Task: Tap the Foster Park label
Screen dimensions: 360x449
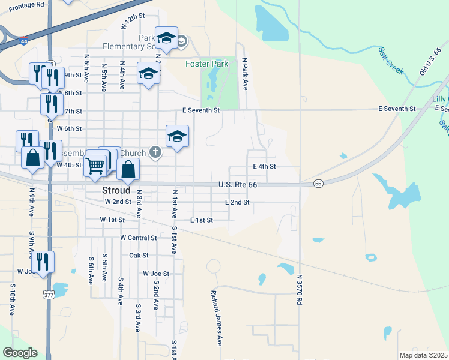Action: (x=207, y=64)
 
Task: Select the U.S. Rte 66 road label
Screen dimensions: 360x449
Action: (x=238, y=185)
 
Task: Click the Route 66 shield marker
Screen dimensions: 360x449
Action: (x=318, y=182)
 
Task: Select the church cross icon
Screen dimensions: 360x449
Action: (x=155, y=152)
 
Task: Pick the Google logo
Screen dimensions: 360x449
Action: (x=20, y=353)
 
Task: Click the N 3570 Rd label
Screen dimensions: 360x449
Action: (x=299, y=289)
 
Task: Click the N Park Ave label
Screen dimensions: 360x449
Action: (x=245, y=74)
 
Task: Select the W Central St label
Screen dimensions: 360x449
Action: (x=139, y=238)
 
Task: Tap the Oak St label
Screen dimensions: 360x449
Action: (x=139, y=255)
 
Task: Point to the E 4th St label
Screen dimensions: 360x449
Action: (x=264, y=166)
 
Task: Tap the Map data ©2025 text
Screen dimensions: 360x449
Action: (x=423, y=355)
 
